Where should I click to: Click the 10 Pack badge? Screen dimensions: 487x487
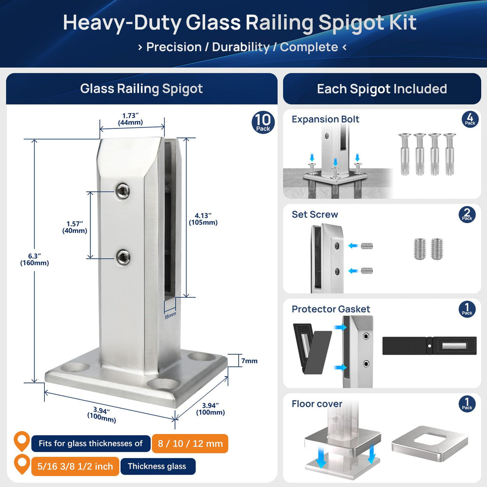coord(263,122)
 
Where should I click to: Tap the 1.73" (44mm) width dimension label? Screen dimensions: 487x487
coord(130,119)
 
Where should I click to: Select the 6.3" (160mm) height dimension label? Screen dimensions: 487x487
coord(34,259)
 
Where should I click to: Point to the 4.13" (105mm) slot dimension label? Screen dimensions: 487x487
coord(203,219)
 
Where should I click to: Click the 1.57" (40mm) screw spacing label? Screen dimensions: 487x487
coord(75,227)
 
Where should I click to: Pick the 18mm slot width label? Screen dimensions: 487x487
coord(170,316)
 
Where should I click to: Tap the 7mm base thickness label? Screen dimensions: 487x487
coord(249,361)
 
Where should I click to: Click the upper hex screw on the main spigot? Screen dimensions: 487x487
coord(123,191)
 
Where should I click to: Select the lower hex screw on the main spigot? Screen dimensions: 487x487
coord(123,257)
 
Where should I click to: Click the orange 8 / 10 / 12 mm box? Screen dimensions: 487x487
coord(190,443)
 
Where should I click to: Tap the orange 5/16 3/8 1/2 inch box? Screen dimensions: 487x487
coord(75,466)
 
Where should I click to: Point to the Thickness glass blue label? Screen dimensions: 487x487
coord(158,466)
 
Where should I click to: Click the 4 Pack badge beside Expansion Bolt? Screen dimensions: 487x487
coord(470,119)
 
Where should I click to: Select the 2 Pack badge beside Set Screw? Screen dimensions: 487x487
coord(467,214)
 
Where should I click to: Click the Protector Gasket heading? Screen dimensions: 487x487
coord(331,309)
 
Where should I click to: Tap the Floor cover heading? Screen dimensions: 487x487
coord(317,404)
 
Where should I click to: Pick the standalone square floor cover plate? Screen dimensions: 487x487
coord(430,445)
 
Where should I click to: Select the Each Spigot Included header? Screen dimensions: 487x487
coord(382,89)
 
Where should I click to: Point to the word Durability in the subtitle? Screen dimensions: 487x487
coord(241,47)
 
